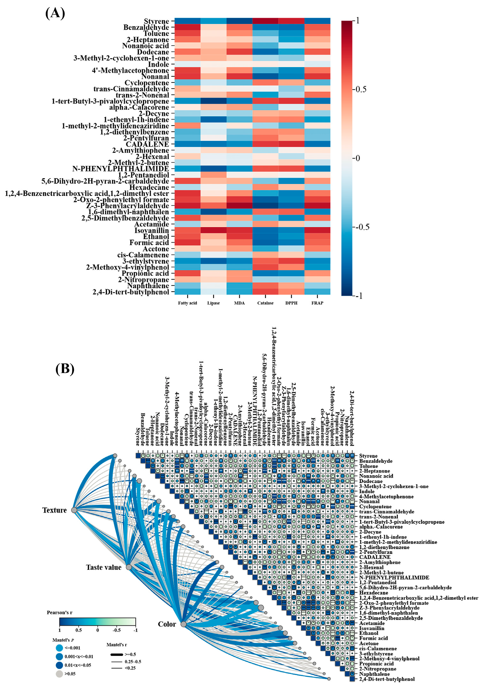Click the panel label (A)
(55, 13)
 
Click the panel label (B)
(65, 369)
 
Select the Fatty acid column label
(187, 303)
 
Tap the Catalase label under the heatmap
(265, 303)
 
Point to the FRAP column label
(317, 303)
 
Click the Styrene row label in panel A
(156, 21)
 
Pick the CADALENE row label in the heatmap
(147, 144)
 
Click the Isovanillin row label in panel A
(152, 230)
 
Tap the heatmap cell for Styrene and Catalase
(265, 21)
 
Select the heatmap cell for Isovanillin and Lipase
(214, 230)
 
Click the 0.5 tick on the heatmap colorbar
(361, 89)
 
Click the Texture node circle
(74, 510)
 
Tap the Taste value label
(104, 567)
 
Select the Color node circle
(184, 624)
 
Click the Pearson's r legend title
(60, 612)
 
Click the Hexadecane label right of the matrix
(373, 593)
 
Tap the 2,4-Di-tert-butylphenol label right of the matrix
(387, 679)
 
